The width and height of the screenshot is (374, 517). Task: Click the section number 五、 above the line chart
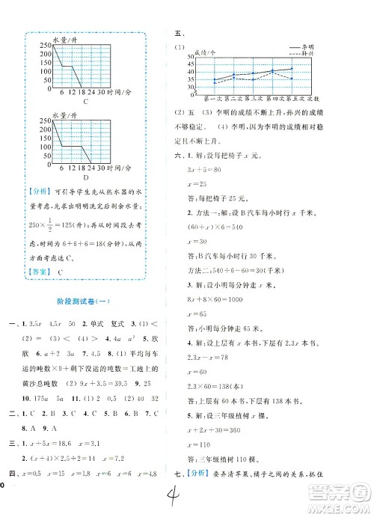[178, 34]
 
